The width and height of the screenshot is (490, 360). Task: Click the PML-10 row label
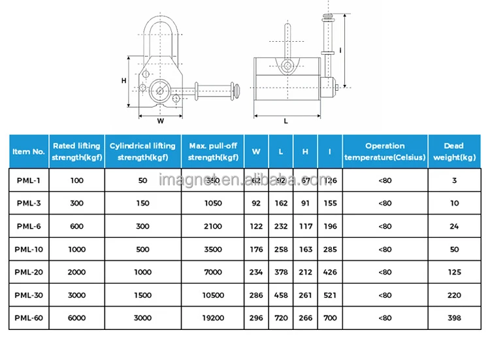[x=29, y=249]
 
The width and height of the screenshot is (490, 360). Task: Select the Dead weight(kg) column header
[x=453, y=151]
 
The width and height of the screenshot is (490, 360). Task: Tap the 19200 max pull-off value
[x=212, y=318]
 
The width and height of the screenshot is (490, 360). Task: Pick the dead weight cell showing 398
[x=453, y=318]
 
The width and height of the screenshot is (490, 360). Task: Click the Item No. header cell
[x=29, y=151]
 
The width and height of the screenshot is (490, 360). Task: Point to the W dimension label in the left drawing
[x=161, y=120]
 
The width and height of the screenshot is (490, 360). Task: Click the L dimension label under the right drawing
[x=286, y=121]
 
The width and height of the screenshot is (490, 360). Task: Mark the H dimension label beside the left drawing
[x=123, y=80]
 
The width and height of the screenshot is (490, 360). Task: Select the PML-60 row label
[x=29, y=318]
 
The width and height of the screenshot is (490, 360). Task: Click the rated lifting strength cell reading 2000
[x=76, y=272]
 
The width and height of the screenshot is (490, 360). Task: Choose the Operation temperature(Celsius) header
[x=385, y=151]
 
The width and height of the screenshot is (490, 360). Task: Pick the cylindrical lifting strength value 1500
[x=142, y=295]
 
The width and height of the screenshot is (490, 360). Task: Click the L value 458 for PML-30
[x=281, y=295]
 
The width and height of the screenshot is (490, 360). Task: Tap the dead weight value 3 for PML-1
[x=453, y=180]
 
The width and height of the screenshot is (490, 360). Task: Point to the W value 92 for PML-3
[x=256, y=203]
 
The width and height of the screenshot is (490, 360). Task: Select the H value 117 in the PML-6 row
[x=305, y=226]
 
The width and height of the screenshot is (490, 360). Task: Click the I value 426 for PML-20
[x=330, y=272]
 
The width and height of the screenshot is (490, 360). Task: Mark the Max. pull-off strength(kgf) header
[x=212, y=151]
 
